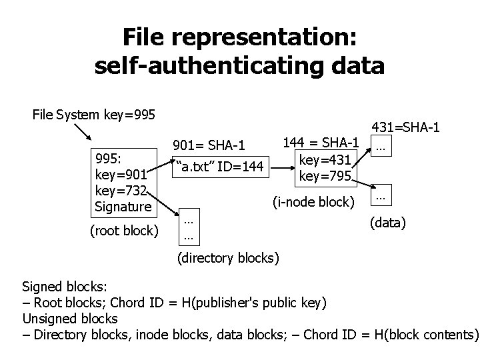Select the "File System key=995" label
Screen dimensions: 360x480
[93, 115]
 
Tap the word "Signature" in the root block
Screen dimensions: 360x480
[124, 207]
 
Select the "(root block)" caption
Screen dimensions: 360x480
[123, 231]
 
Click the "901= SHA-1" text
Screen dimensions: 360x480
[209, 145]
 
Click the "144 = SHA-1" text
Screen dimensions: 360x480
[321, 143]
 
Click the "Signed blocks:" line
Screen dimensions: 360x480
[64, 287]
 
